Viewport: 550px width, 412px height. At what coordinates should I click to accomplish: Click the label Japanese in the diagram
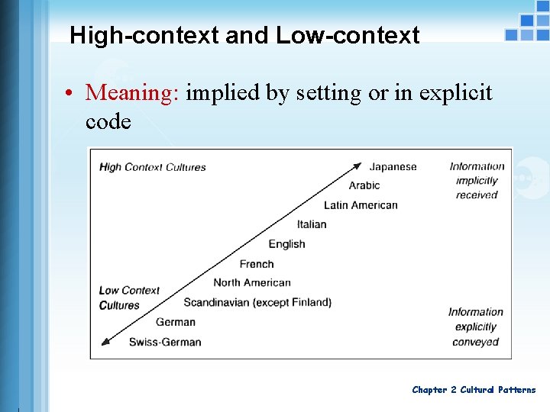[x=393, y=166]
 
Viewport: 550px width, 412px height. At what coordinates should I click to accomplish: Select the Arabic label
[x=364, y=185]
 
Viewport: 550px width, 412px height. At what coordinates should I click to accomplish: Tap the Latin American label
[x=361, y=204]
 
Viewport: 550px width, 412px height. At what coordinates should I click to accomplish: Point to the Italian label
[x=312, y=224]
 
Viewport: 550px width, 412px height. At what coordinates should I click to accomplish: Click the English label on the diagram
[x=286, y=244]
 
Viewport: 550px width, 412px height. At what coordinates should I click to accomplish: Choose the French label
[x=256, y=264]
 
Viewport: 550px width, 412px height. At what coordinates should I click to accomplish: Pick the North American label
[x=252, y=282]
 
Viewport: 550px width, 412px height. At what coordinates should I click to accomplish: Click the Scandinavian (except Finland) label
[x=257, y=302]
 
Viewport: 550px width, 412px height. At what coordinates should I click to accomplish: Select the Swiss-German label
[x=165, y=342]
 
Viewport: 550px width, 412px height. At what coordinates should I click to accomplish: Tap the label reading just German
[x=175, y=322]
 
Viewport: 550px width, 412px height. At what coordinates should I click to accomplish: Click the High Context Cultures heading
[x=153, y=167]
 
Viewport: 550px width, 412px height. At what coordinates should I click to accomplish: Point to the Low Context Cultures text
[x=129, y=298]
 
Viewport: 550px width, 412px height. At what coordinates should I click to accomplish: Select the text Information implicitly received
[x=477, y=181]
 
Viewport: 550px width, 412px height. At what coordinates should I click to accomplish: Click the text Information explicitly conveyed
[x=475, y=327]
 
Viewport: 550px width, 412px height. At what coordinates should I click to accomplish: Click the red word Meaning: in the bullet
[x=132, y=93]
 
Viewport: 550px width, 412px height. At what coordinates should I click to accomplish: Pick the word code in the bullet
[x=108, y=121]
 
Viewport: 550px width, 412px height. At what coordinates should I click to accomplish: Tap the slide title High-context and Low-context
[x=244, y=35]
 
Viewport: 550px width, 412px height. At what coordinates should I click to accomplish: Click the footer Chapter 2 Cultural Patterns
[x=474, y=390]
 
